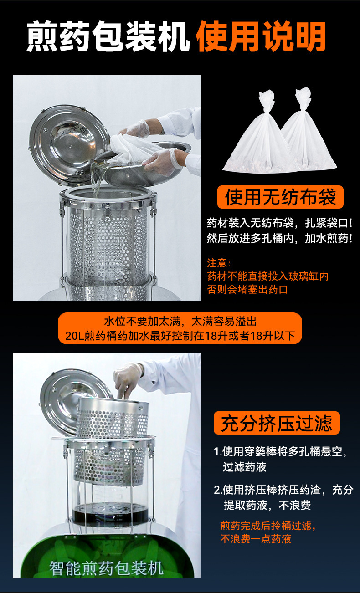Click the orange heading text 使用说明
[x=261, y=36]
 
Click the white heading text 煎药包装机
[x=108, y=36]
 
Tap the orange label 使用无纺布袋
[x=280, y=197]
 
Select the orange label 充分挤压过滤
[x=277, y=423]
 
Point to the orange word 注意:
[x=219, y=263]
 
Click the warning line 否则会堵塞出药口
[x=247, y=289]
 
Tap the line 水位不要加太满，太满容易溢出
[x=180, y=322]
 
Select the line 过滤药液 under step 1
[x=245, y=467]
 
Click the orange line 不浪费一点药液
[x=256, y=539]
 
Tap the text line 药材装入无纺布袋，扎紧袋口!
[x=280, y=223]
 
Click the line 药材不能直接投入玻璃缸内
[x=268, y=276]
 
